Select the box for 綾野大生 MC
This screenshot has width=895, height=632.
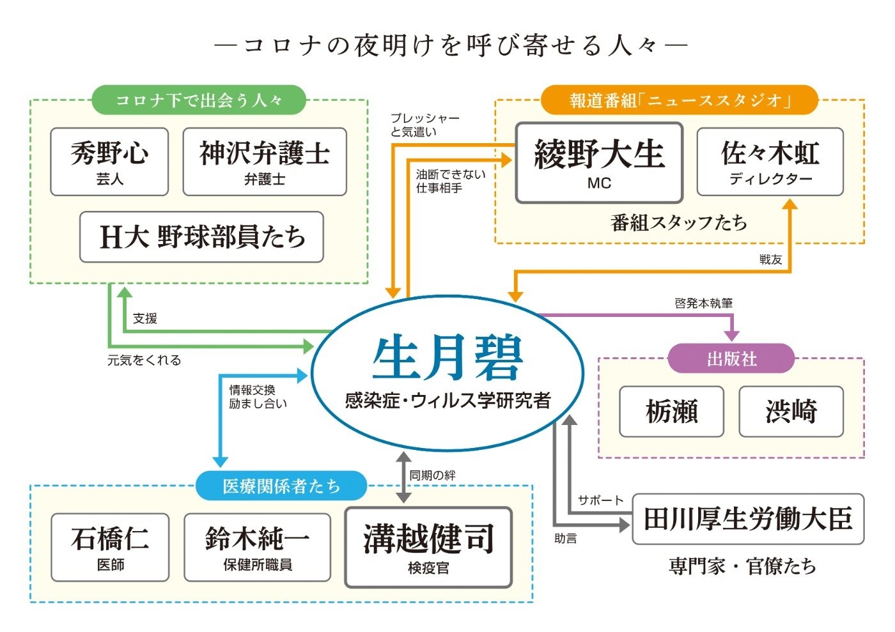click(x=599, y=162)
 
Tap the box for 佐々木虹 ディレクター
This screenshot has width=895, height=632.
click(x=770, y=162)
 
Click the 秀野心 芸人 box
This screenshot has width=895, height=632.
click(x=109, y=162)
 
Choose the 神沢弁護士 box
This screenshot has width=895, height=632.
click(x=265, y=162)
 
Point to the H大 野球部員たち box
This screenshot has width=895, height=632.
click(x=201, y=237)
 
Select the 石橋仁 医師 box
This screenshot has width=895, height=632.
click(x=110, y=547)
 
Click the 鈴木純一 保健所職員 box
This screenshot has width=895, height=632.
click(x=257, y=547)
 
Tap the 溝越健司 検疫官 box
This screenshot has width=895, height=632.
click(x=428, y=547)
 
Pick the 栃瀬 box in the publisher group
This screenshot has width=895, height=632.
click(x=671, y=412)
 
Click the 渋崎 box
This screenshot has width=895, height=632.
click(x=791, y=412)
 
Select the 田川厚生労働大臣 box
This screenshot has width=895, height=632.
click(x=748, y=519)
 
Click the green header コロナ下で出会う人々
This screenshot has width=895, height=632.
click(x=199, y=100)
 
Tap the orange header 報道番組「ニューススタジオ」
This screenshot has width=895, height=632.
click(x=680, y=100)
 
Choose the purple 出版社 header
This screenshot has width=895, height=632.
click(x=731, y=358)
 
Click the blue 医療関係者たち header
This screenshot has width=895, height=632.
click(x=281, y=486)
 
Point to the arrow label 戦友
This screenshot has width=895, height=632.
click(x=770, y=259)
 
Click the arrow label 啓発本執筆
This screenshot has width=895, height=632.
click(x=703, y=303)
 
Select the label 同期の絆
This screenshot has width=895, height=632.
click(x=432, y=475)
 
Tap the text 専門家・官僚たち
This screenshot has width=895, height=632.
click(x=742, y=566)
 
